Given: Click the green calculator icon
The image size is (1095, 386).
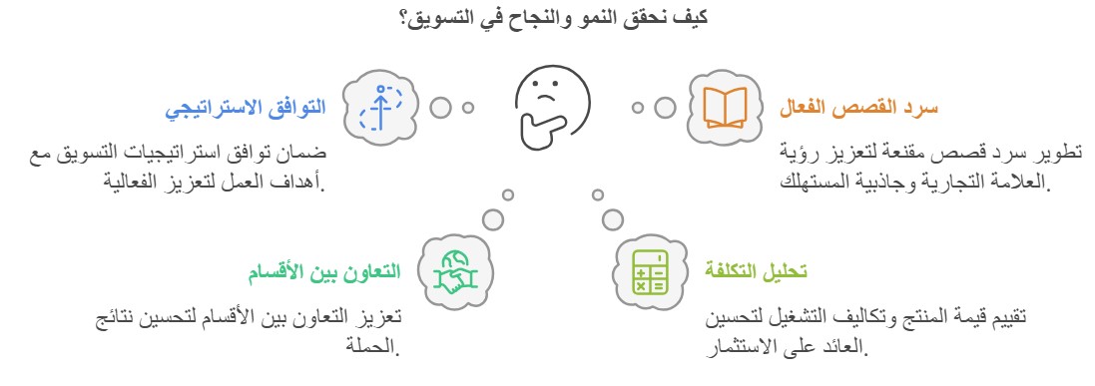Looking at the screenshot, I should click(649, 270).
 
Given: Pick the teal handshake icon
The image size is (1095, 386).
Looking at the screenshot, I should click(454, 270).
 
